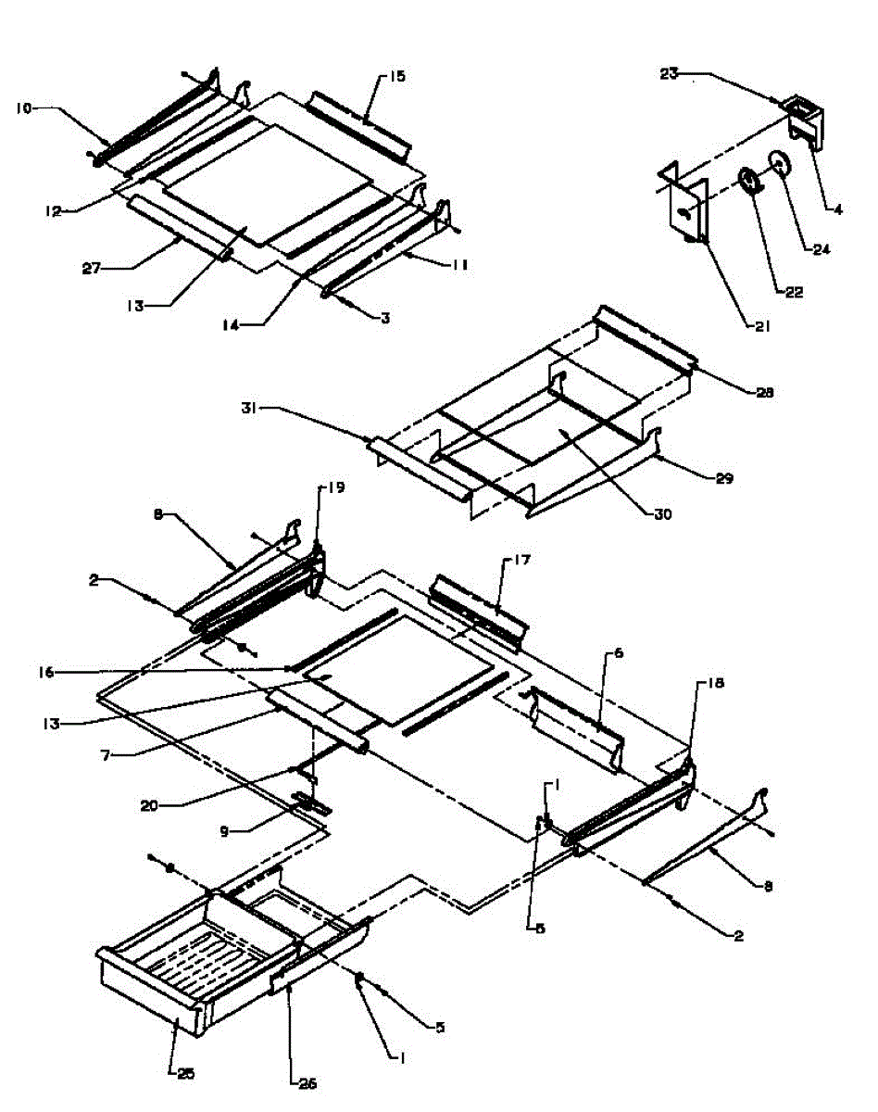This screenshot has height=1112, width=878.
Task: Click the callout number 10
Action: pos(23,108)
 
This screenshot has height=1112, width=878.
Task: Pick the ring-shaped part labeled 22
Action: pos(750,179)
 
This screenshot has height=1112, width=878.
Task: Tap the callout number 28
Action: pos(765,392)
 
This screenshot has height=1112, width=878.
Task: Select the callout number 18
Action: pos(717,683)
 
